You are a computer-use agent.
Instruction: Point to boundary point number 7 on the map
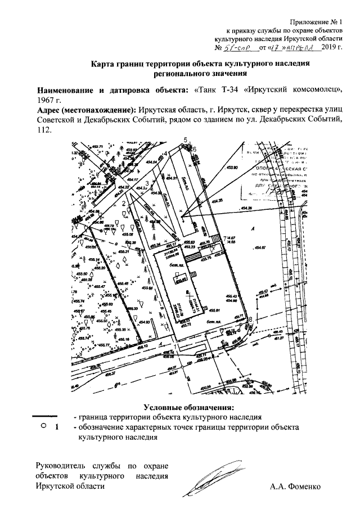pos(224,237)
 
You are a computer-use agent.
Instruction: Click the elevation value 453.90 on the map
pos(232,168)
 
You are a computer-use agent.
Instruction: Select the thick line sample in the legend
pos(44,416)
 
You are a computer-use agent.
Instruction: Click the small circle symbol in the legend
pos(43,426)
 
